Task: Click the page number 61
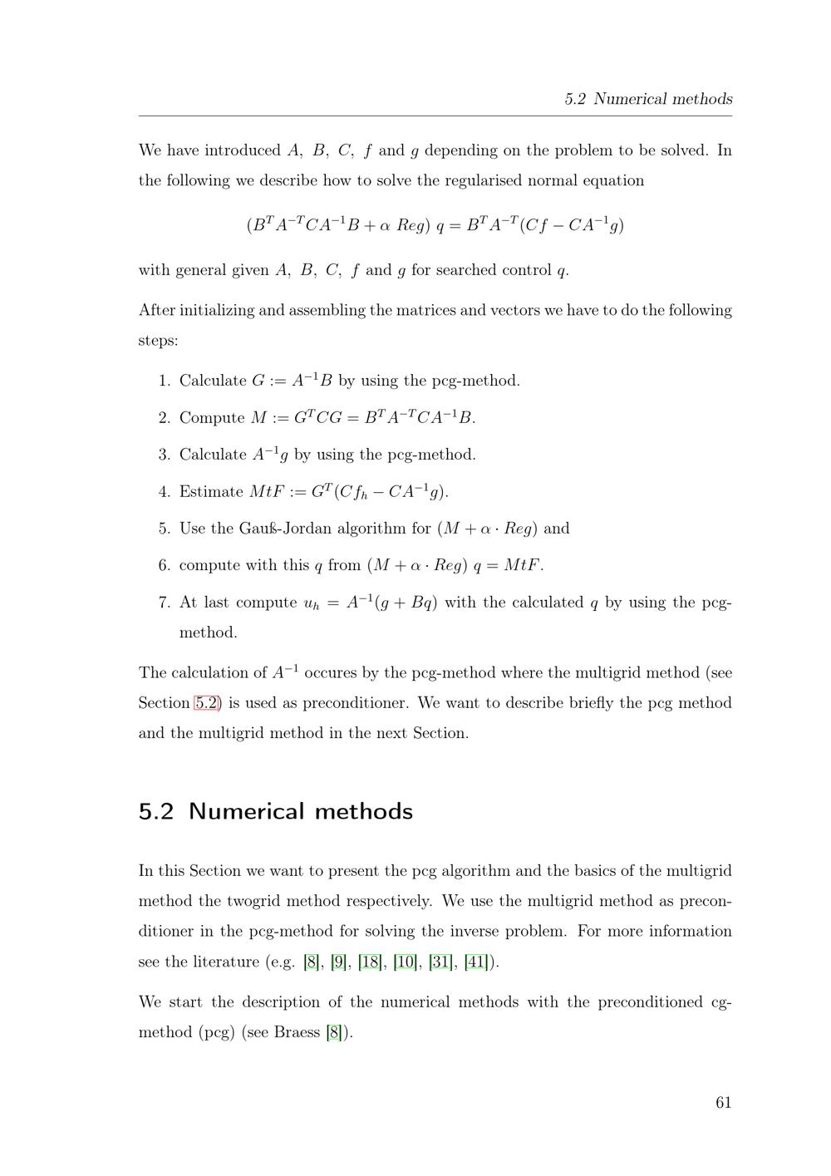point(723,1103)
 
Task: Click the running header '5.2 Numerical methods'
point(648,99)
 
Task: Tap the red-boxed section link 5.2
point(207,703)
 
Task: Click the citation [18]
point(370,962)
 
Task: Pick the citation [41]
point(476,962)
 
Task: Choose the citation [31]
point(440,962)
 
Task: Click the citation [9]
point(338,962)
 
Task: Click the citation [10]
point(406,962)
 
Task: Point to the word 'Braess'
point(297,1033)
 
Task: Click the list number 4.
point(164,492)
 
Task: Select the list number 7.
point(164,603)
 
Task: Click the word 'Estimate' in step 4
point(211,492)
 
